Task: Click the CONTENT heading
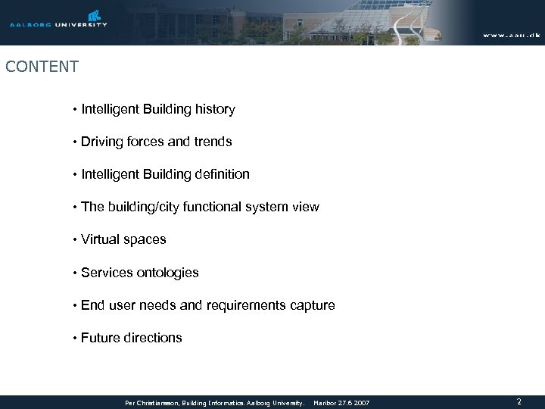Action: (42, 67)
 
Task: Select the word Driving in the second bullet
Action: (102, 142)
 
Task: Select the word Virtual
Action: (101, 240)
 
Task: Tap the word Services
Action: (105, 273)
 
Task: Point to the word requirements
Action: (245, 305)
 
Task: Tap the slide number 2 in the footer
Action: (519, 402)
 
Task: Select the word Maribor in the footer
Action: (325, 403)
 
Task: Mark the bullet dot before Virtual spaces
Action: (75, 241)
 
